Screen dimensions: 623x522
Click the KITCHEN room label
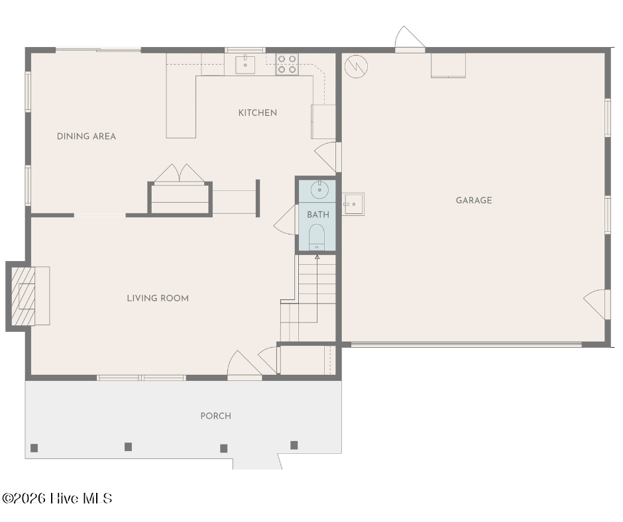257,113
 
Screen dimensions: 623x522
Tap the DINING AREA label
86,136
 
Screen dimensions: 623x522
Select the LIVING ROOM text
158,298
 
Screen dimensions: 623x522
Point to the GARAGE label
474,200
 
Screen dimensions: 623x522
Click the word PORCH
216,416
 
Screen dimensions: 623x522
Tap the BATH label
318,215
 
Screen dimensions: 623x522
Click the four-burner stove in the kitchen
287,64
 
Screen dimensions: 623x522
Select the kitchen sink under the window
245,65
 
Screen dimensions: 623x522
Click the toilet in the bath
317,237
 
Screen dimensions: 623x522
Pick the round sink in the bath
319,189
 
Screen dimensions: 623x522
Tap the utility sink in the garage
353,204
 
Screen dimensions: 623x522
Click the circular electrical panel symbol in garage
356,66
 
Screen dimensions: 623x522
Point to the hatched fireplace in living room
23,296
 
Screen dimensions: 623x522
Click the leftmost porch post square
34,448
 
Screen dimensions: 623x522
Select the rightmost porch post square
294,445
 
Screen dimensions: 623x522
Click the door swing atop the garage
410,38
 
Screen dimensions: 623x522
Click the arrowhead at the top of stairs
317,257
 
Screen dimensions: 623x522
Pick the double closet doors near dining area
180,173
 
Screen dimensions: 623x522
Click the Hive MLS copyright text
57,498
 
